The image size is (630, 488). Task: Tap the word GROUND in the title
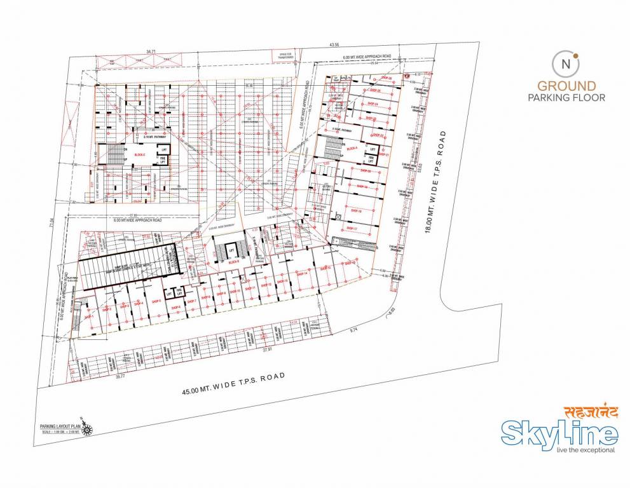point(566,86)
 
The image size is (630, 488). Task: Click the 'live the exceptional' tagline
point(585,450)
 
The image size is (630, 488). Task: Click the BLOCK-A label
point(352,148)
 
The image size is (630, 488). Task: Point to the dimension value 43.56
point(334,45)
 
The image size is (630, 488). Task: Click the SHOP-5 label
point(156,301)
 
